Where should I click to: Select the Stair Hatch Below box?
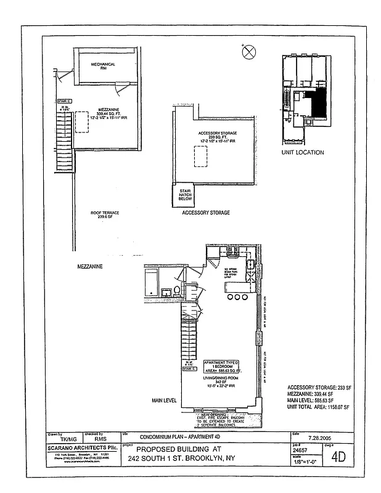184,197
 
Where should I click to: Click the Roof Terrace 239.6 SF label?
105,215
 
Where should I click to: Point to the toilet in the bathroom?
177,290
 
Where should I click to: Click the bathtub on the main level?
152,284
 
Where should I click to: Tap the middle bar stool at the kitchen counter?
237,298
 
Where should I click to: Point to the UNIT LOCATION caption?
302,152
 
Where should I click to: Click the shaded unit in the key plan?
317,102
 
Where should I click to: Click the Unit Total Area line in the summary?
318,407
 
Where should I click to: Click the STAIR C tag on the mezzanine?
65,100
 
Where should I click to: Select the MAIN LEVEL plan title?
165,400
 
